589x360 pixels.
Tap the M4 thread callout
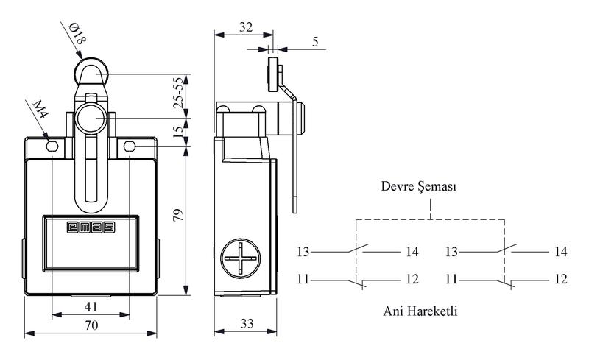click(x=40, y=109)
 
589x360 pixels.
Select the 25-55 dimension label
click(x=179, y=93)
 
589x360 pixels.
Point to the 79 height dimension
click(x=178, y=215)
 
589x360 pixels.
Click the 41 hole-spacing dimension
click(x=91, y=307)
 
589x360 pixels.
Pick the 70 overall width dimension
click(x=91, y=325)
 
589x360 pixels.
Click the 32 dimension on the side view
click(x=246, y=27)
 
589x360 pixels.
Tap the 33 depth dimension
click(x=247, y=323)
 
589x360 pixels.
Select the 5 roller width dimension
click(x=315, y=41)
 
